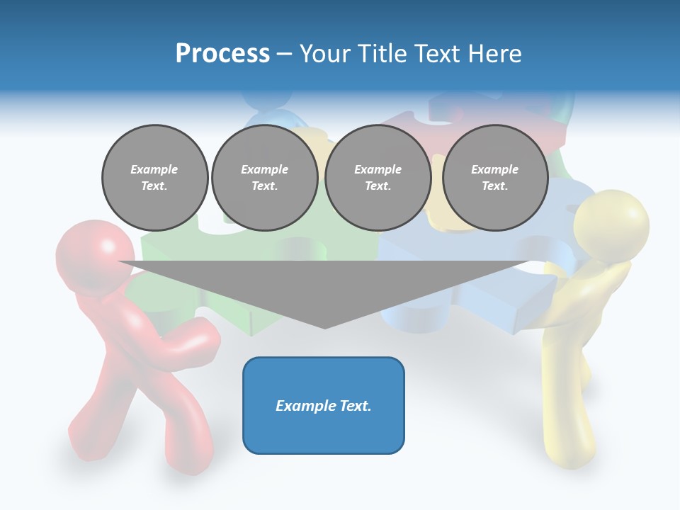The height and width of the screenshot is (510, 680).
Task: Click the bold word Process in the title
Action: point(222,54)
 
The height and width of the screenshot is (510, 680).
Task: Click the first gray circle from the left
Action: point(154,178)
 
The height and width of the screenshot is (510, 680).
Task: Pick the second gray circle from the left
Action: point(264,178)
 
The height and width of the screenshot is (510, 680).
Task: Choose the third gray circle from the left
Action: point(378,178)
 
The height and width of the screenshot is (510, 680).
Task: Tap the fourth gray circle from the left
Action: point(494,178)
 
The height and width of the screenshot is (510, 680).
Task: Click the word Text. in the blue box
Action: point(355,406)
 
